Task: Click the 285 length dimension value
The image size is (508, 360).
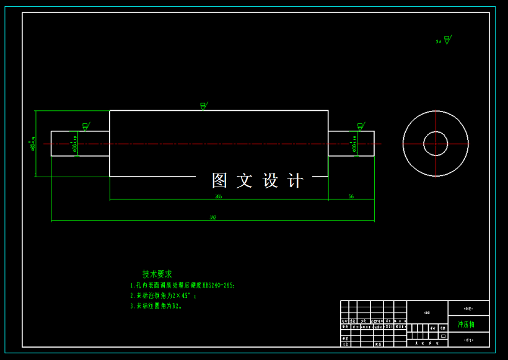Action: [218, 196]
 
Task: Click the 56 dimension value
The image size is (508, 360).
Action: [351, 196]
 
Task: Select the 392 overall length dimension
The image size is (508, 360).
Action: [212, 217]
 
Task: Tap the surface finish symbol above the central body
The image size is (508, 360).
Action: [203, 106]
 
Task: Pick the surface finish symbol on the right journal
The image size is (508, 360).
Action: [360, 126]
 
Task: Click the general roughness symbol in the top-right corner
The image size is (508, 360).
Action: [445, 40]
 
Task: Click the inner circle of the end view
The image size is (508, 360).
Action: [436, 144]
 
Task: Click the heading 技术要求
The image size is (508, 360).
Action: [157, 274]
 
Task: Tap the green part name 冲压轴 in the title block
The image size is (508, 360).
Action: [466, 324]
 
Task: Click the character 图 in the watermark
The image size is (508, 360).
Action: [220, 180]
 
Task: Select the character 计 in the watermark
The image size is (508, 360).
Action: [297, 180]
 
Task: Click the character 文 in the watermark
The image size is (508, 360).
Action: [245, 180]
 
